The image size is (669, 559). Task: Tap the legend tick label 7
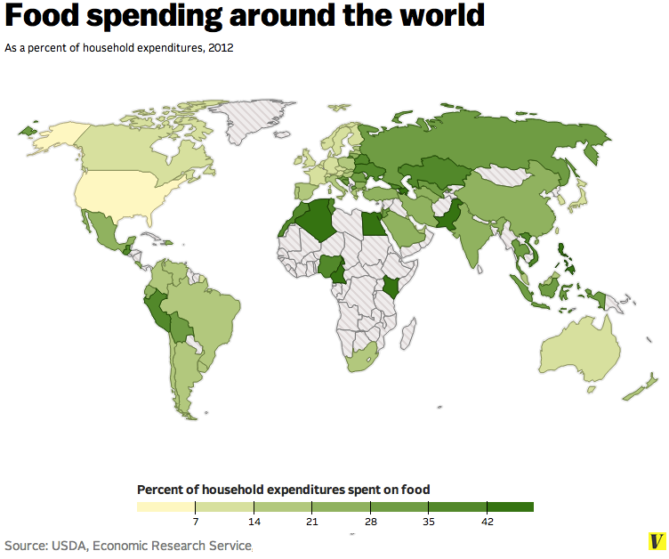pyautogui.click(x=195, y=522)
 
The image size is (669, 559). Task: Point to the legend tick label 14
pyautogui.click(x=254, y=522)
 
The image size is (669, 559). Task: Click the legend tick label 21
pyautogui.click(x=312, y=522)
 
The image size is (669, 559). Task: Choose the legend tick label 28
pyautogui.click(x=370, y=522)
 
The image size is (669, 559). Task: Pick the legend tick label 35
pyautogui.click(x=429, y=522)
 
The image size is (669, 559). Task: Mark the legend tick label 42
pyautogui.click(x=488, y=522)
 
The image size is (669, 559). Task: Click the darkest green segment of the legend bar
pyautogui.click(x=511, y=506)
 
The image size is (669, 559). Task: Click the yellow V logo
pyautogui.click(x=656, y=541)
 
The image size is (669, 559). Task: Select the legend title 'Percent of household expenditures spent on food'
pyautogui.click(x=283, y=490)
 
